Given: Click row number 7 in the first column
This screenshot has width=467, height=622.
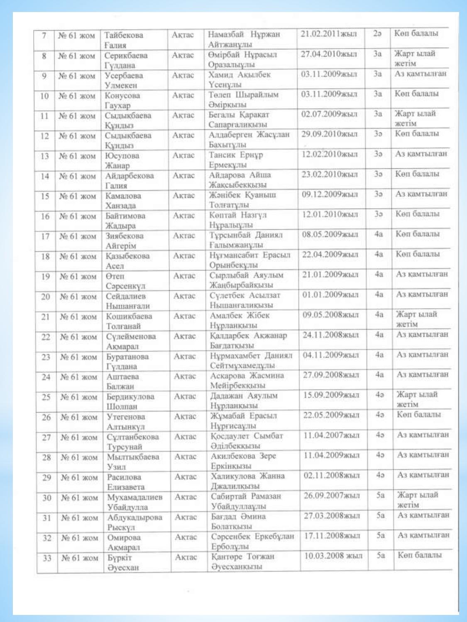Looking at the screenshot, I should (x=44, y=36).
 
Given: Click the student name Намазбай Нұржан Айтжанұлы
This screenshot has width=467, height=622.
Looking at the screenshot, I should (x=244, y=39).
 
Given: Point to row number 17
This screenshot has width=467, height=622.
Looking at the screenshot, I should (x=45, y=236).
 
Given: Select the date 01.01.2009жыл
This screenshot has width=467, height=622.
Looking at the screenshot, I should (x=330, y=295).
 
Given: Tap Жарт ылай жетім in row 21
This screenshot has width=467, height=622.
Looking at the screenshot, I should (x=416, y=319).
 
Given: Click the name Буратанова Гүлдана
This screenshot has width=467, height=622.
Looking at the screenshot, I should (x=127, y=361).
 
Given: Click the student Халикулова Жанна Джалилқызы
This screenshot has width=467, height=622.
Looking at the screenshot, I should (x=247, y=481).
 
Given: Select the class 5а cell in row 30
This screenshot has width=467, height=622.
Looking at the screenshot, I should (x=380, y=495).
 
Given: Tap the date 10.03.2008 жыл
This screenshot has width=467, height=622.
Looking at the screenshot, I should (x=333, y=556).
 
